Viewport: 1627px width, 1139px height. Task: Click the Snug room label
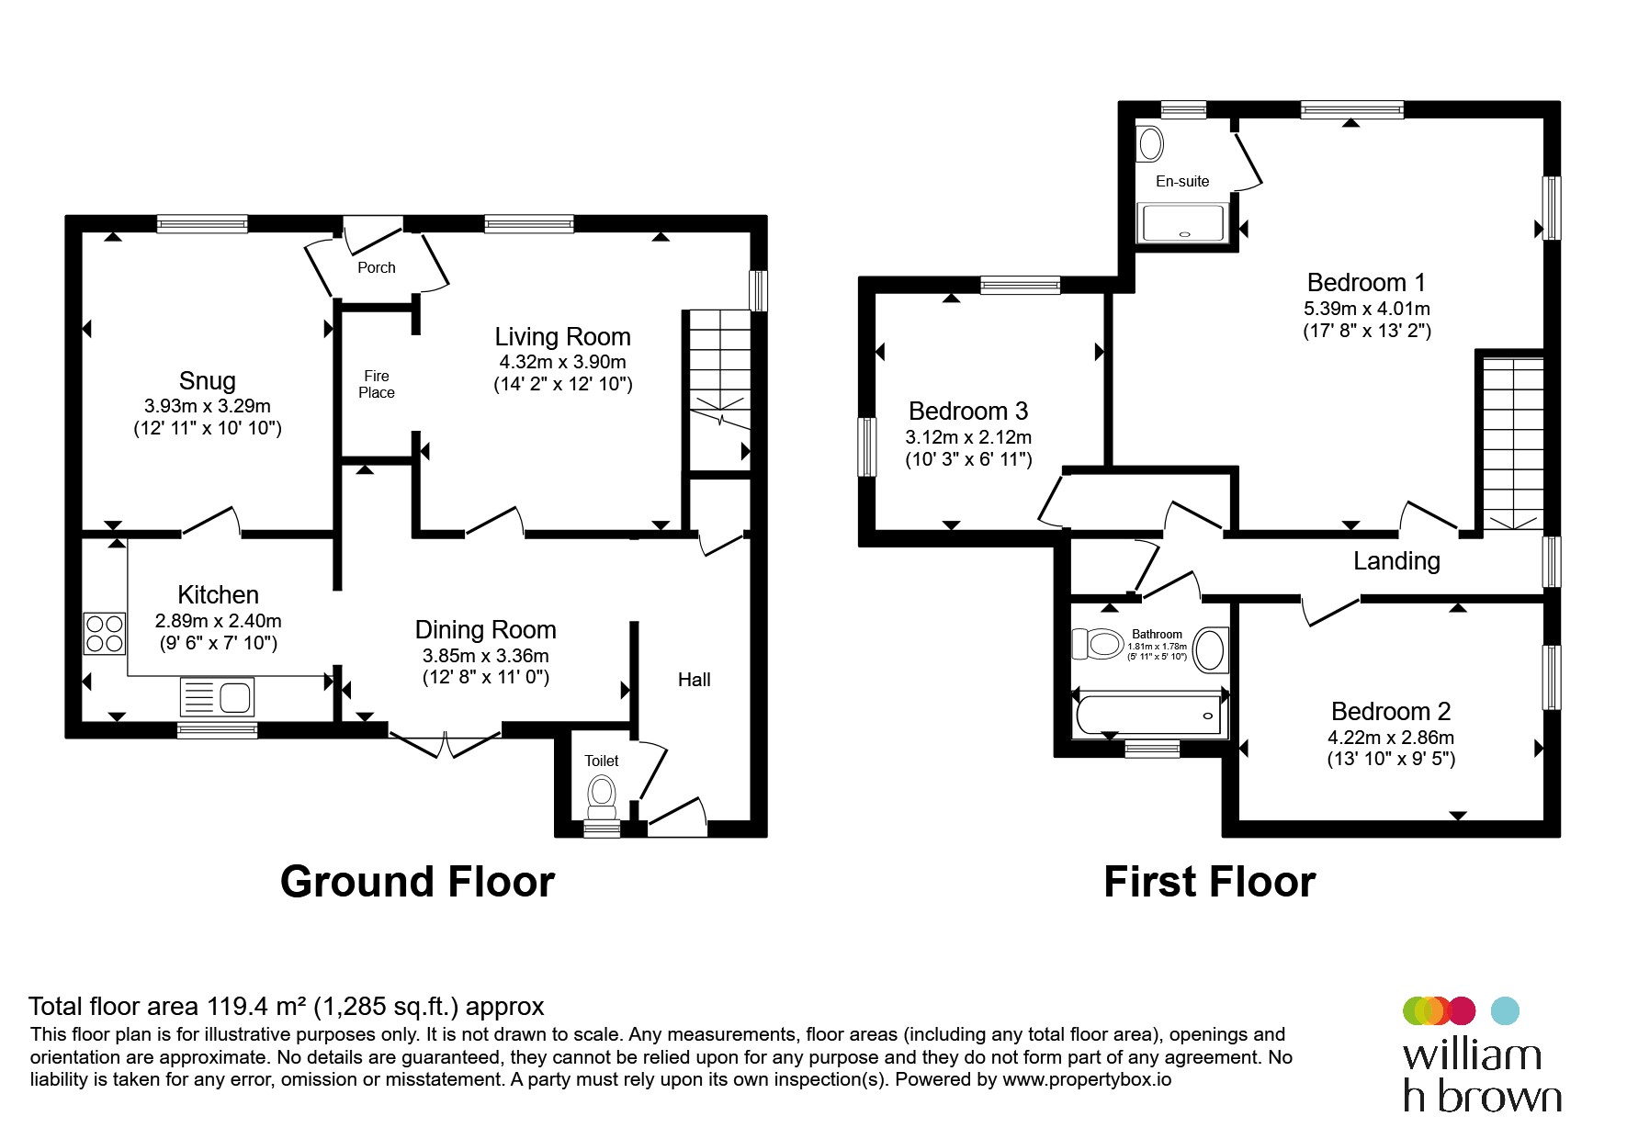[x=208, y=380]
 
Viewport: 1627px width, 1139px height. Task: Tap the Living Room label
[x=562, y=337]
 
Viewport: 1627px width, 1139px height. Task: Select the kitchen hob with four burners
[x=105, y=633]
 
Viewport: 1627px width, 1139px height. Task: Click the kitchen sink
[x=218, y=697]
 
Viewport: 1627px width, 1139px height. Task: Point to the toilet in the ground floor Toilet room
[x=602, y=796]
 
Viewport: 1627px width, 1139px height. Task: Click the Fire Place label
[x=377, y=384]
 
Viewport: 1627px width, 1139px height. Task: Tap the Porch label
[x=377, y=267]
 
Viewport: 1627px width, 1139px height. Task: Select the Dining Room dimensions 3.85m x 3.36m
[x=486, y=656]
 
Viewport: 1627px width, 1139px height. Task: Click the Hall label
[x=695, y=680]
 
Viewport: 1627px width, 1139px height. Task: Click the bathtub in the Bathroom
[x=1149, y=715]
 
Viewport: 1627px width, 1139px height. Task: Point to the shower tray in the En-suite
[x=1183, y=223]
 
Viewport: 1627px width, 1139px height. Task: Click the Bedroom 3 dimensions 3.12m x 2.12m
[x=968, y=437]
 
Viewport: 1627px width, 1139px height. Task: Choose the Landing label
[x=1396, y=561]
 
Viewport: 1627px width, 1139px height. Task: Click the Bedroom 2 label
[x=1391, y=711]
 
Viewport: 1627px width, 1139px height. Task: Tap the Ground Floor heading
[x=417, y=882]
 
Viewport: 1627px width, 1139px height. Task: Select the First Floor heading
[x=1210, y=882]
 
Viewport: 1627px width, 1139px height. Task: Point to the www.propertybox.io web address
[x=1087, y=1080]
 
